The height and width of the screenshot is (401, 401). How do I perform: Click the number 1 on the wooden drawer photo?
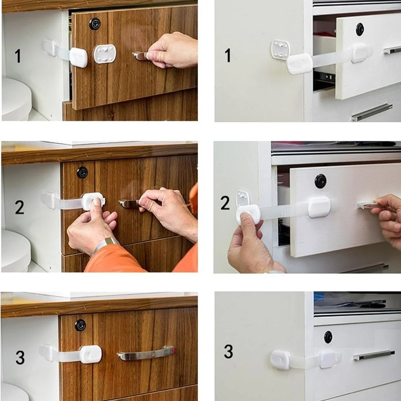tap(18, 56)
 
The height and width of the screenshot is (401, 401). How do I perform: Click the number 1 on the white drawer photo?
tap(228, 55)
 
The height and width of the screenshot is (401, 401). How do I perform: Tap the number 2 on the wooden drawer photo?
tap(19, 207)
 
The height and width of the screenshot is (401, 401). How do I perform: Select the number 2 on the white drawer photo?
tap(225, 203)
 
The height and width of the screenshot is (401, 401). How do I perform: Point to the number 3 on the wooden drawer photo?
tap(20, 357)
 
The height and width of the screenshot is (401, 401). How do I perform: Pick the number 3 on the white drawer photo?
tap(228, 351)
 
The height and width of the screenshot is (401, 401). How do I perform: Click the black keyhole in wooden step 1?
tap(95, 24)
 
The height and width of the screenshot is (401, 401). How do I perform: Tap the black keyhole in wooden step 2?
tap(82, 173)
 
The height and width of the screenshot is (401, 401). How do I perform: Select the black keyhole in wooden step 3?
tap(80, 325)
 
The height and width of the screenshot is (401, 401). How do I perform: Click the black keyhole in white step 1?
tap(359, 29)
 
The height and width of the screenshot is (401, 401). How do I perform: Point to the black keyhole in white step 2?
tap(320, 181)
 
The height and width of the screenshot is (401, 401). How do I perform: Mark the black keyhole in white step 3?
tap(328, 337)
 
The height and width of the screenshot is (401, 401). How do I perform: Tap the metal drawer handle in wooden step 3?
tap(146, 353)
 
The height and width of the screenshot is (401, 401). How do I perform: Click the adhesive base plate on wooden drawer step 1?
tap(105, 54)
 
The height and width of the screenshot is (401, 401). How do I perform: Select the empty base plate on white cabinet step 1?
tap(281, 49)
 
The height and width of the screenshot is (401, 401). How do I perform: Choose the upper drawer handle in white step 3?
tap(374, 355)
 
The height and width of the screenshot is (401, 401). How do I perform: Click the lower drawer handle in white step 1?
tap(372, 112)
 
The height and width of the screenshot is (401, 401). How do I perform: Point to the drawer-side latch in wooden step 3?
tap(91, 354)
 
